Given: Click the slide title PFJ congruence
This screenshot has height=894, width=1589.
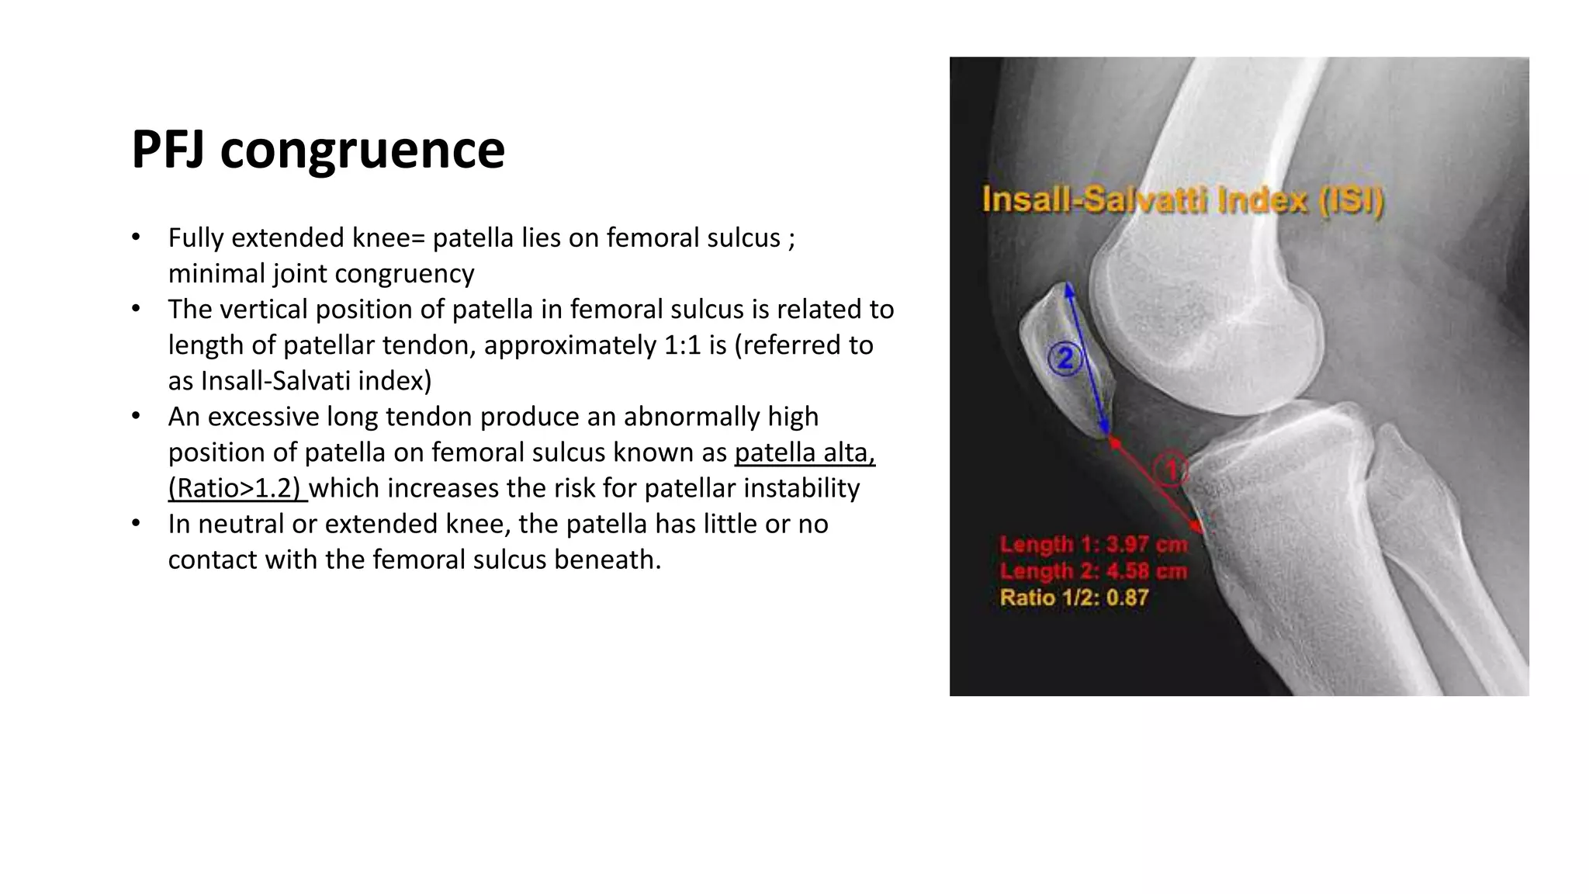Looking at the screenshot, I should pos(318,149).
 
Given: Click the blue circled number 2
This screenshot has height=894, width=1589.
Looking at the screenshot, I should pos(1065,359).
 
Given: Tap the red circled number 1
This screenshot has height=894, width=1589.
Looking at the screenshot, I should pos(1169,470).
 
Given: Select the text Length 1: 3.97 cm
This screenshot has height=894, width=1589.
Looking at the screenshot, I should pos(1093,545).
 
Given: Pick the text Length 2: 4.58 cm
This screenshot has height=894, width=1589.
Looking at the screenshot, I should pos(1093,572).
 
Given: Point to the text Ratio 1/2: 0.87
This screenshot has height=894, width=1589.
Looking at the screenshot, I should pos(1074,598).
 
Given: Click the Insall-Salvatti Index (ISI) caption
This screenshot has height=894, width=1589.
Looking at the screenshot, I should pos(1182,201).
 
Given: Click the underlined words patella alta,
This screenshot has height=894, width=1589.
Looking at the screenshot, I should pos(805,452).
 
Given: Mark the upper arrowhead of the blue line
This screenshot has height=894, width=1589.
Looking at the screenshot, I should pos(1069,289).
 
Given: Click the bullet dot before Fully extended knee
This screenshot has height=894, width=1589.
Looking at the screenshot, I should pos(136,237).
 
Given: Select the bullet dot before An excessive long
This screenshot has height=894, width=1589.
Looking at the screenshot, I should pos(136,416).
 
